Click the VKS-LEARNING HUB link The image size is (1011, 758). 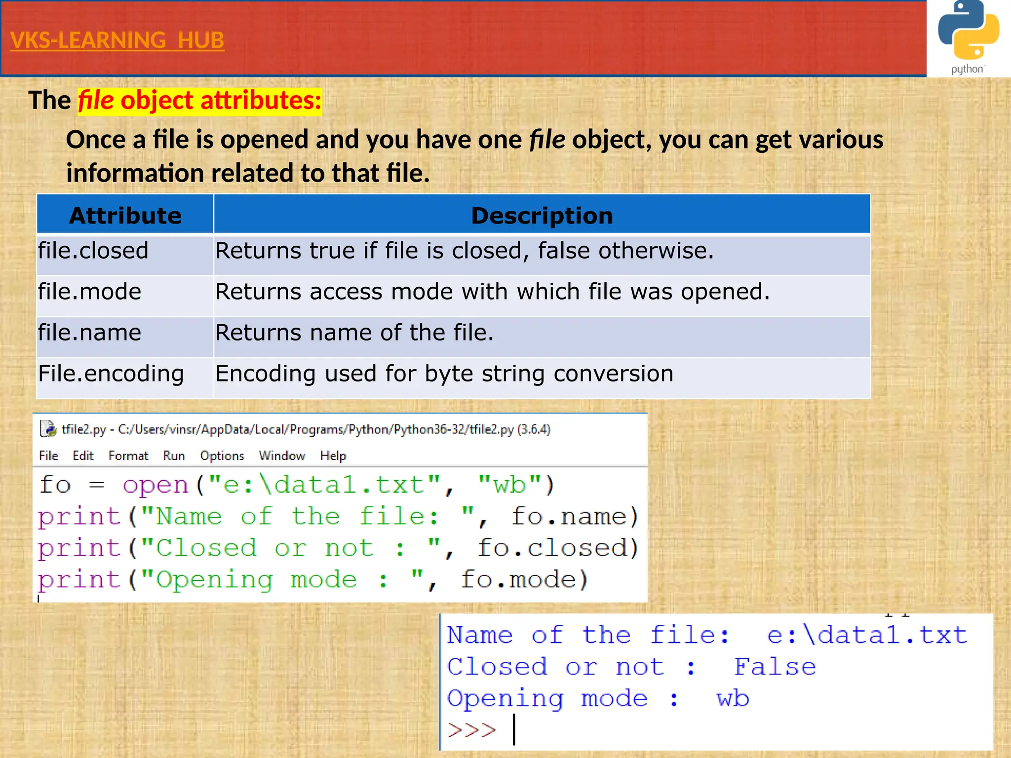(x=117, y=40)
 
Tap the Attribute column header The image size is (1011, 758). (x=125, y=216)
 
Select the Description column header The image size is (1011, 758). (x=542, y=216)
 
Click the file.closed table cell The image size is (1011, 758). (x=93, y=251)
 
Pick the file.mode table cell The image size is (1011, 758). (x=90, y=292)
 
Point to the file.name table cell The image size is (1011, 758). (x=90, y=333)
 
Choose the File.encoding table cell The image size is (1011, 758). (x=111, y=374)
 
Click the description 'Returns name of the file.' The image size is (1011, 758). (x=354, y=333)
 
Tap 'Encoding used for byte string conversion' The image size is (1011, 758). (x=444, y=374)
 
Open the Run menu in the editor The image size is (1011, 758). (x=174, y=455)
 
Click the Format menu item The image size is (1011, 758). (x=128, y=455)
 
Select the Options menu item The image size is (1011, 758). (x=222, y=455)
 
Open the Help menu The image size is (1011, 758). (x=333, y=455)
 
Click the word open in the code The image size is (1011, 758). (x=156, y=485)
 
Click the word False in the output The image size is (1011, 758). (x=775, y=667)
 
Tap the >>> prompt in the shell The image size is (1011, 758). (x=471, y=730)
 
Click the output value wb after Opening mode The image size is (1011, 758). (x=733, y=699)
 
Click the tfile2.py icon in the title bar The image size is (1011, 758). (x=48, y=429)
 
